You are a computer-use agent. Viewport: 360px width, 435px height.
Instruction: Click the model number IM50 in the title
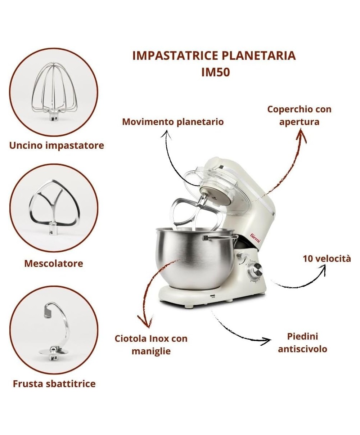216,72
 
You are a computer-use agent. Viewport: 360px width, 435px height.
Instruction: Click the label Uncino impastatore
57,145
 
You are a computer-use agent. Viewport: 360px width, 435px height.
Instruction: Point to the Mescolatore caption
54,263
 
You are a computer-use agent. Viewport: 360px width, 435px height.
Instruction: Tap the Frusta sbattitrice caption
54,384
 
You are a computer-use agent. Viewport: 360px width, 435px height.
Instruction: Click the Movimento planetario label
173,122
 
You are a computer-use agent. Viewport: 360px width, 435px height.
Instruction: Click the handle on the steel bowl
221,237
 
